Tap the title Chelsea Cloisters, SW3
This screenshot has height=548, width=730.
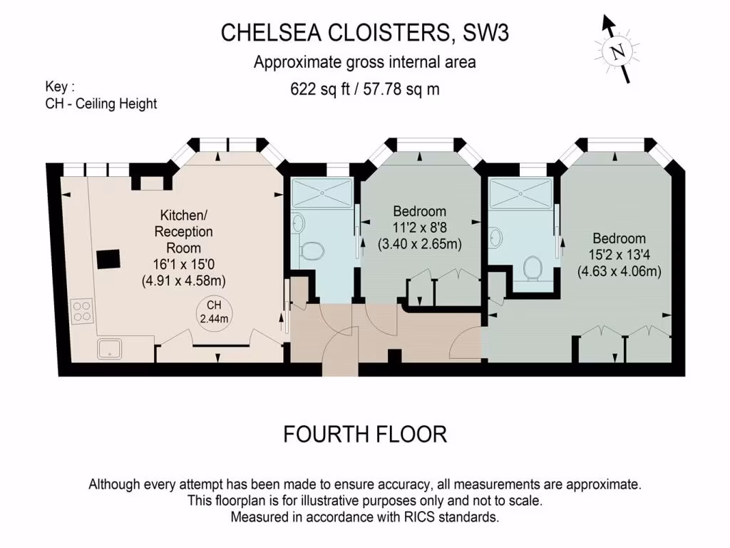tap(365, 33)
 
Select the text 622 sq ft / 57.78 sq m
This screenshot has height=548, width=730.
tap(365, 89)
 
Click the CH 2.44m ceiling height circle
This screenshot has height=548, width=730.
tap(214, 313)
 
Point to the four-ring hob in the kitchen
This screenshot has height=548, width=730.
tap(82, 310)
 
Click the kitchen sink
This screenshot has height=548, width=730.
tap(109, 348)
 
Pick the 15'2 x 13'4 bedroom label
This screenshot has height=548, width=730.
tap(619, 255)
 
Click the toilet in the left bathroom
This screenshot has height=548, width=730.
tap(312, 250)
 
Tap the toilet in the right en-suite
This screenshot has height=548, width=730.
tap(534, 267)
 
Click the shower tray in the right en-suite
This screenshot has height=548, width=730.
tap(522, 193)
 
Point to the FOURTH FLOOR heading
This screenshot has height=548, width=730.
tap(365, 434)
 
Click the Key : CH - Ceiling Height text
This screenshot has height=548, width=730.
tap(101, 96)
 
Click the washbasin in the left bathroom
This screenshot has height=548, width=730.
tap(299, 223)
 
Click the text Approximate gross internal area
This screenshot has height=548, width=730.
tap(365, 63)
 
